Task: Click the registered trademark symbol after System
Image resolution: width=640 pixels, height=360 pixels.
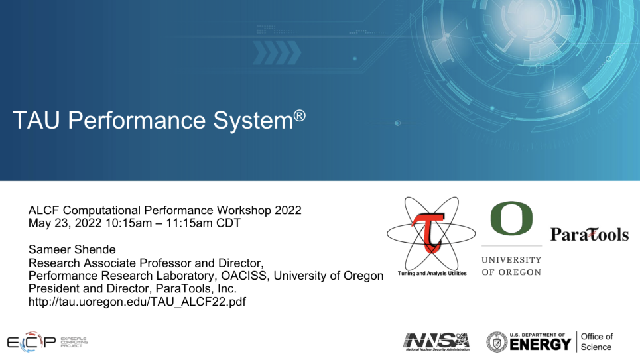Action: (x=299, y=116)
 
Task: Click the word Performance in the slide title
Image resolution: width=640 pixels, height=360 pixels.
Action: (x=137, y=121)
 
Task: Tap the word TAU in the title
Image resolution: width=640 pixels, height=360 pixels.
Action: (x=36, y=121)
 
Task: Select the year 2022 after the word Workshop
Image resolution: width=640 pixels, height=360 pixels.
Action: (x=288, y=210)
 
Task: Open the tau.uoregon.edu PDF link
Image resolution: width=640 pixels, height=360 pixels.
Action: (x=137, y=302)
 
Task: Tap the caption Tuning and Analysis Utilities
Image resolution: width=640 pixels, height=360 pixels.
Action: (x=432, y=273)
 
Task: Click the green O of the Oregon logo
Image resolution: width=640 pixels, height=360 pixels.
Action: (x=511, y=218)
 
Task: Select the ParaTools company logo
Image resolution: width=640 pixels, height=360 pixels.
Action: (x=590, y=235)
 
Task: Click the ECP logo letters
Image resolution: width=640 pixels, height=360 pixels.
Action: (x=31, y=342)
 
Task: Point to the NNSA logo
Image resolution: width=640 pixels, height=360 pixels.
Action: (x=436, y=341)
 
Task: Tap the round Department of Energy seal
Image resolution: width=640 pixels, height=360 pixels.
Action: (x=497, y=342)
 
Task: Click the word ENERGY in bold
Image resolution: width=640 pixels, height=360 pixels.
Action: (x=540, y=345)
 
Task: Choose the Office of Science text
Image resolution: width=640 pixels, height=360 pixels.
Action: (x=596, y=342)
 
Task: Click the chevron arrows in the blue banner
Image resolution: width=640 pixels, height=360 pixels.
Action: (x=277, y=52)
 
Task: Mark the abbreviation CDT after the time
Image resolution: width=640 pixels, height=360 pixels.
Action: (x=228, y=223)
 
